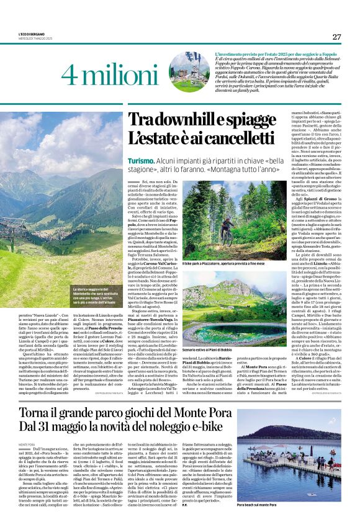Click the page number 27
pyautogui.click(x=336, y=37)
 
